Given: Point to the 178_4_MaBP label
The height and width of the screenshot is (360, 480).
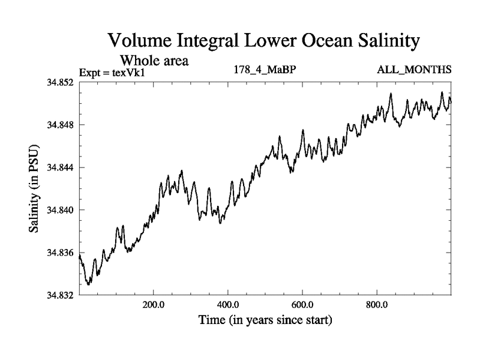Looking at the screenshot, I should tap(264, 70).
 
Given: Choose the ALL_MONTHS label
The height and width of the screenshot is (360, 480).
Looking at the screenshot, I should tap(414, 70).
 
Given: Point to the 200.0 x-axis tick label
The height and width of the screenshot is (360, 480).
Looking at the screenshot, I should tap(154, 304).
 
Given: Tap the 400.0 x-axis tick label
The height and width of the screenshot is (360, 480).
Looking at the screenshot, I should tap(228, 304).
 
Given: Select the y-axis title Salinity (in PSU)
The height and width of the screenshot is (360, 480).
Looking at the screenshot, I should tap(34, 189).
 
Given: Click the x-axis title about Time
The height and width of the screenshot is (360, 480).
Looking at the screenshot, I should tap(265, 320).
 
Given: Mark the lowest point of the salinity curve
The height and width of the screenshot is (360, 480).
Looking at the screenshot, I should tap(88, 284).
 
